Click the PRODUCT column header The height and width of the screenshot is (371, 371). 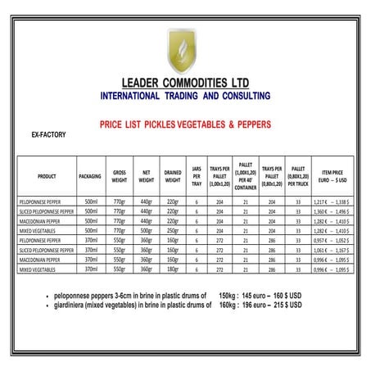tap(47, 175)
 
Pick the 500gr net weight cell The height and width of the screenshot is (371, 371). tap(147, 230)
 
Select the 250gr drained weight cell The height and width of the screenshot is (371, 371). tap(172, 230)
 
